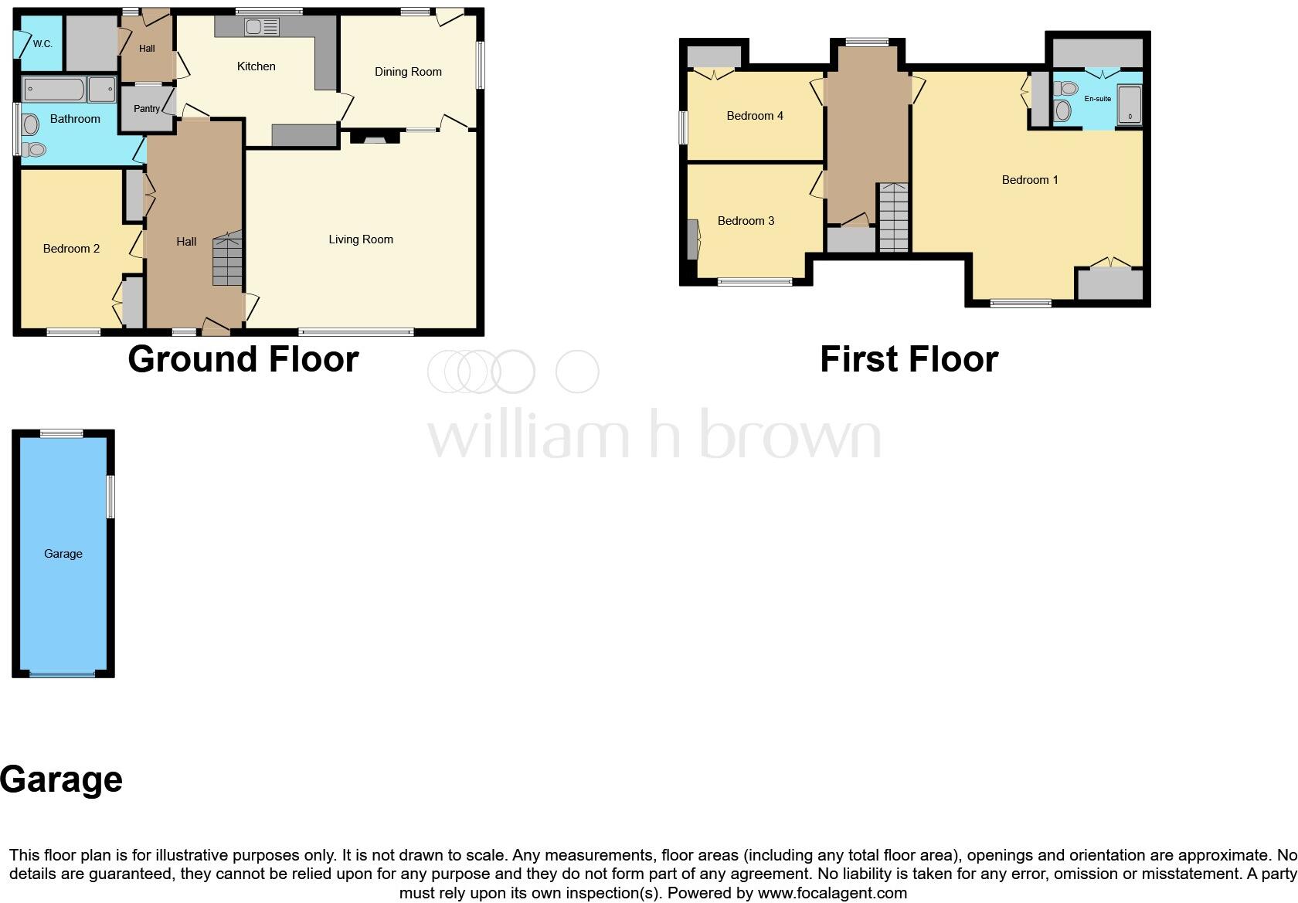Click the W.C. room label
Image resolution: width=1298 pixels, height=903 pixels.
click(x=42, y=44)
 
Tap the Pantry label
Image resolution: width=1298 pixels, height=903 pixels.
click(x=147, y=109)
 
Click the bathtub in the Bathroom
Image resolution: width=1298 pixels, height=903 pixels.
click(x=53, y=90)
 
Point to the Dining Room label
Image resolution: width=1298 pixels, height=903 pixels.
click(x=408, y=72)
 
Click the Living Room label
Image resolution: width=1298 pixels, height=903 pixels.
click(x=361, y=239)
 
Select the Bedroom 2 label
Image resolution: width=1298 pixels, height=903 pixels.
click(x=71, y=249)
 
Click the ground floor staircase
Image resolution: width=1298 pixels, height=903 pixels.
click(x=228, y=260)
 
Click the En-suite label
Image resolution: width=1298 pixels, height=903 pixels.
click(x=1097, y=99)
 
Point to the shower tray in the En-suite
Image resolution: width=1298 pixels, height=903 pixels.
click(x=1129, y=105)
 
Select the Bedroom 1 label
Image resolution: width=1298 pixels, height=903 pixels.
click(x=1030, y=180)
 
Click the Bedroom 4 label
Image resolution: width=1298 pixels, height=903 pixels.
click(x=755, y=116)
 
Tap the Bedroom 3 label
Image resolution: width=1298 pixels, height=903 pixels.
click(x=746, y=221)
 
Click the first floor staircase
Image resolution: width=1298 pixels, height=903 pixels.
click(x=893, y=217)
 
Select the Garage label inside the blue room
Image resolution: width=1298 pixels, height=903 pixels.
click(x=63, y=554)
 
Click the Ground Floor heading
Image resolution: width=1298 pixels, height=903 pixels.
click(x=243, y=359)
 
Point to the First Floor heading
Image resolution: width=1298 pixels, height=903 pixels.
click(x=909, y=359)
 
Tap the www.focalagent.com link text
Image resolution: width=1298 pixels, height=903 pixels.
click(x=832, y=893)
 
